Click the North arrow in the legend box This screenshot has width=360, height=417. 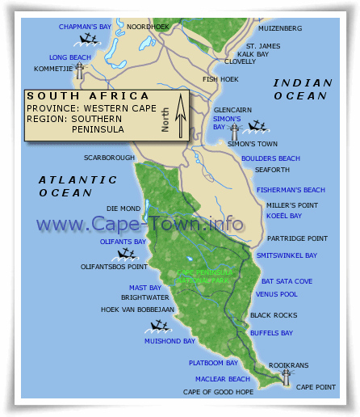click(181, 114)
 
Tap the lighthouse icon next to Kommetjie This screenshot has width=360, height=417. click(80, 70)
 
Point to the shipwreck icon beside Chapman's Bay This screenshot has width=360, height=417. click(80, 38)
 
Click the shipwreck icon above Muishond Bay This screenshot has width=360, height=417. click(159, 327)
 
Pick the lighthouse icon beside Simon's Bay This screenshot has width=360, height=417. click(235, 131)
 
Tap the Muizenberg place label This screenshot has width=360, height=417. click(280, 28)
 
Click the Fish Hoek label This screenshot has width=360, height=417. click(220, 79)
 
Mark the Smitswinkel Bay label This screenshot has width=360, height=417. click(287, 255)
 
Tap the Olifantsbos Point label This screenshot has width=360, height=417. click(114, 266)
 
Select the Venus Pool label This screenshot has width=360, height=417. click(279, 294)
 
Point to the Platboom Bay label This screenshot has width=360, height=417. click(213, 363)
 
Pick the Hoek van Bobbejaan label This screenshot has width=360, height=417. click(137, 309)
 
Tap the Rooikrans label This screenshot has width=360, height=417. click(288, 365)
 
